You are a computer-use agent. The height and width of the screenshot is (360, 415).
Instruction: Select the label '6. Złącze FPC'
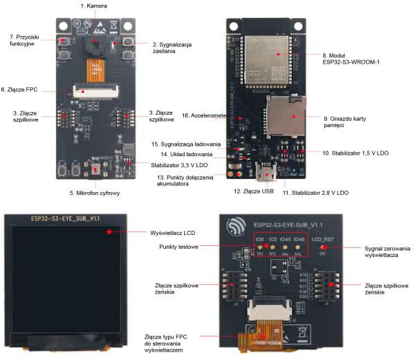click(23, 89)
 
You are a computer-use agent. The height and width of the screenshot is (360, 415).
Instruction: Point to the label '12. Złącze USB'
click(249, 191)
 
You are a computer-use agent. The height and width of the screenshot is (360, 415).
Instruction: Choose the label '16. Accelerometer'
click(204, 115)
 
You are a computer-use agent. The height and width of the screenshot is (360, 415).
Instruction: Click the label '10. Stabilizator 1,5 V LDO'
click(354, 152)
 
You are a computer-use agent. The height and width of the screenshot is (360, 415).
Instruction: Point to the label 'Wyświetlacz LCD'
click(172, 231)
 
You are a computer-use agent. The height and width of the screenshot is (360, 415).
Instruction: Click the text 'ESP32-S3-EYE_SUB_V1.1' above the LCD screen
click(66, 218)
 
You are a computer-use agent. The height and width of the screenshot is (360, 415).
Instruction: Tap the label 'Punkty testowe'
click(178, 247)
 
